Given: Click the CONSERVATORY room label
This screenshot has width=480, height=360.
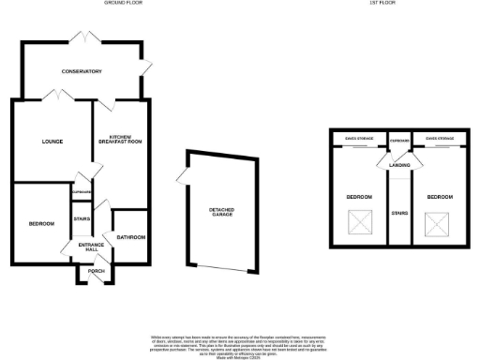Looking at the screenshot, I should coord(82,72).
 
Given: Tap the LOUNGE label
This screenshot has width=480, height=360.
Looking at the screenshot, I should coord(52,142).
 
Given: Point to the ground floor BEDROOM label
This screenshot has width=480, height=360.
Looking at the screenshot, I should coord(41,223).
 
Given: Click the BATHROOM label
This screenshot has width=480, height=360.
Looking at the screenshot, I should coord(130,237).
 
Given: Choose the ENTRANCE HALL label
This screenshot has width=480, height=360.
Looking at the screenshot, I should coord(89,247).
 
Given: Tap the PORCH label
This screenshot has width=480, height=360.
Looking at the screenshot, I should coord(95,272).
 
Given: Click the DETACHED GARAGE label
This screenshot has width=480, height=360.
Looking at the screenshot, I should coord(221,212).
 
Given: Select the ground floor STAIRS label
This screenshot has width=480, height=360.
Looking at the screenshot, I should coord(81,218).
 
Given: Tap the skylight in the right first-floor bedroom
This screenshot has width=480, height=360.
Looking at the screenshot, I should coord(437,224).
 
